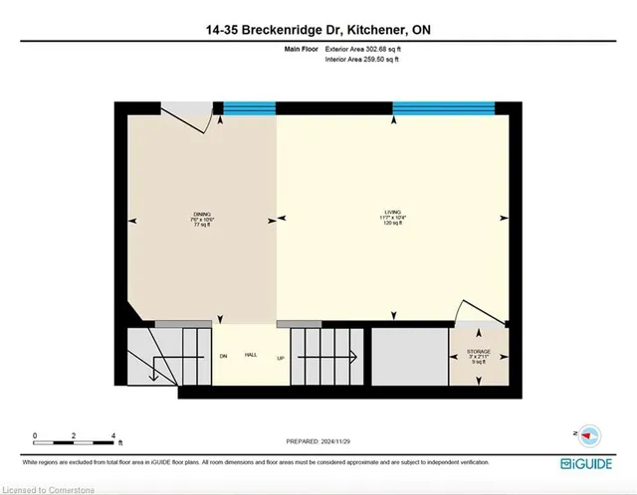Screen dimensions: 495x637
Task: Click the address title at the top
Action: click(x=318, y=31)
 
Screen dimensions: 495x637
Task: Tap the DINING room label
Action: click(x=203, y=219)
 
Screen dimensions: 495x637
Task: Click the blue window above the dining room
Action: click(x=249, y=109)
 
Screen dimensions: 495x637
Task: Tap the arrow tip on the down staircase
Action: click(x=153, y=376)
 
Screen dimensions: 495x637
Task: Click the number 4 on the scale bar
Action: click(x=114, y=435)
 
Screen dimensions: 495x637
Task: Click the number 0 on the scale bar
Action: click(x=35, y=435)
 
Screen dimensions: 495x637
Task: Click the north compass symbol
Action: click(x=589, y=434)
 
